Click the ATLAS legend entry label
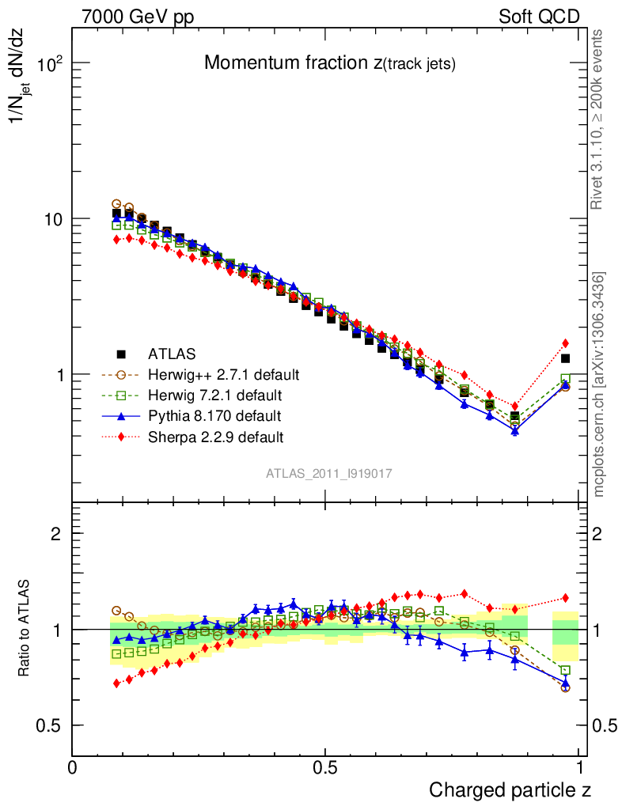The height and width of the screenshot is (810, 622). tap(172, 354)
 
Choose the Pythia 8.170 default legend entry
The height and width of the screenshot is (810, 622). tap(214, 415)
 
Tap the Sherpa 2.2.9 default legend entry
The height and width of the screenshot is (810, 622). tap(216, 436)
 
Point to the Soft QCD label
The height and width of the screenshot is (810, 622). tap(539, 17)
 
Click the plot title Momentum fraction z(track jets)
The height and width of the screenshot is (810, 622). tap(329, 63)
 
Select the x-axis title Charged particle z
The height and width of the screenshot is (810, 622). tap(510, 789)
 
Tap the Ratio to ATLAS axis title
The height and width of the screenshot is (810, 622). tap(25, 630)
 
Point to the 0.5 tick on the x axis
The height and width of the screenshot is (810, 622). tap(324, 767)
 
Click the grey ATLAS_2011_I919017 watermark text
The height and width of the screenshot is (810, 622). tap(329, 473)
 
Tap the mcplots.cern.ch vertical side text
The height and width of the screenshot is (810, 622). tap(599, 384)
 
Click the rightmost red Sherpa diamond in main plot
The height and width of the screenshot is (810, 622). tap(565, 343)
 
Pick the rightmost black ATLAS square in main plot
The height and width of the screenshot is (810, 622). tap(565, 358)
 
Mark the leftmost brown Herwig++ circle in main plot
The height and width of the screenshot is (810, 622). tap(116, 204)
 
